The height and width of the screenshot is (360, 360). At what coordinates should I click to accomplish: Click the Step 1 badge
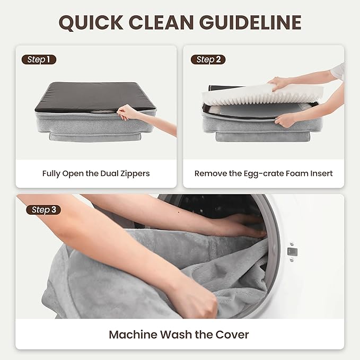click(39, 60)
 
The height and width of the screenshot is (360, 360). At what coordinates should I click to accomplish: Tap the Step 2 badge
click(208, 60)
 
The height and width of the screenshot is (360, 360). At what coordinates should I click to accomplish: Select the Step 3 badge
click(43, 209)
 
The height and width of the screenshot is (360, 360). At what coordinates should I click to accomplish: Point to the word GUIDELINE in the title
click(250, 22)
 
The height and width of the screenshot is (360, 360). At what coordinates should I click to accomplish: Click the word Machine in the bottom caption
click(133, 335)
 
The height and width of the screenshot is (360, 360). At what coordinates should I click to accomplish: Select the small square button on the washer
click(292, 252)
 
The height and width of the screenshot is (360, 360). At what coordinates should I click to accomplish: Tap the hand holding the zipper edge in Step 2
click(284, 120)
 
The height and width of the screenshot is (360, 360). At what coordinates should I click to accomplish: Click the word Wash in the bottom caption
click(176, 335)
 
